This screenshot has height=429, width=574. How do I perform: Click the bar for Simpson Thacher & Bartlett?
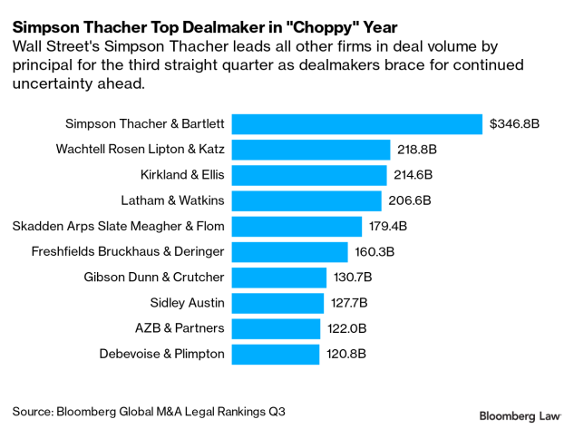(x=356, y=123)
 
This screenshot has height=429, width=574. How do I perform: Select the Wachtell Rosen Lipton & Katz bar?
(x=311, y=149)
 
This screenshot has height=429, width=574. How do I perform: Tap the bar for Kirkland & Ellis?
(x=309, y=174)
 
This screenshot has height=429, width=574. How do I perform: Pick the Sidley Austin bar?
(x=278, y=302)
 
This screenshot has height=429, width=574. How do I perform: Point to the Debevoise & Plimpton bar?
(x=276, y=354)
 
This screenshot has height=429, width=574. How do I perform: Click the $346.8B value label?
(x=514, y=123)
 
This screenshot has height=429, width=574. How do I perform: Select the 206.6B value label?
(x=410, y=200)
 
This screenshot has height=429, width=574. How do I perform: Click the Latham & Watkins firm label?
(x=172, y=200)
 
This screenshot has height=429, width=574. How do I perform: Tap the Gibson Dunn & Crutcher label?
(x=153, y=277)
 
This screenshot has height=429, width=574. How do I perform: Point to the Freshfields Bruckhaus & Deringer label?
(x=127, y=251)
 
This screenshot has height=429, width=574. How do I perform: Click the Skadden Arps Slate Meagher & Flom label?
(x=118, y=226)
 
